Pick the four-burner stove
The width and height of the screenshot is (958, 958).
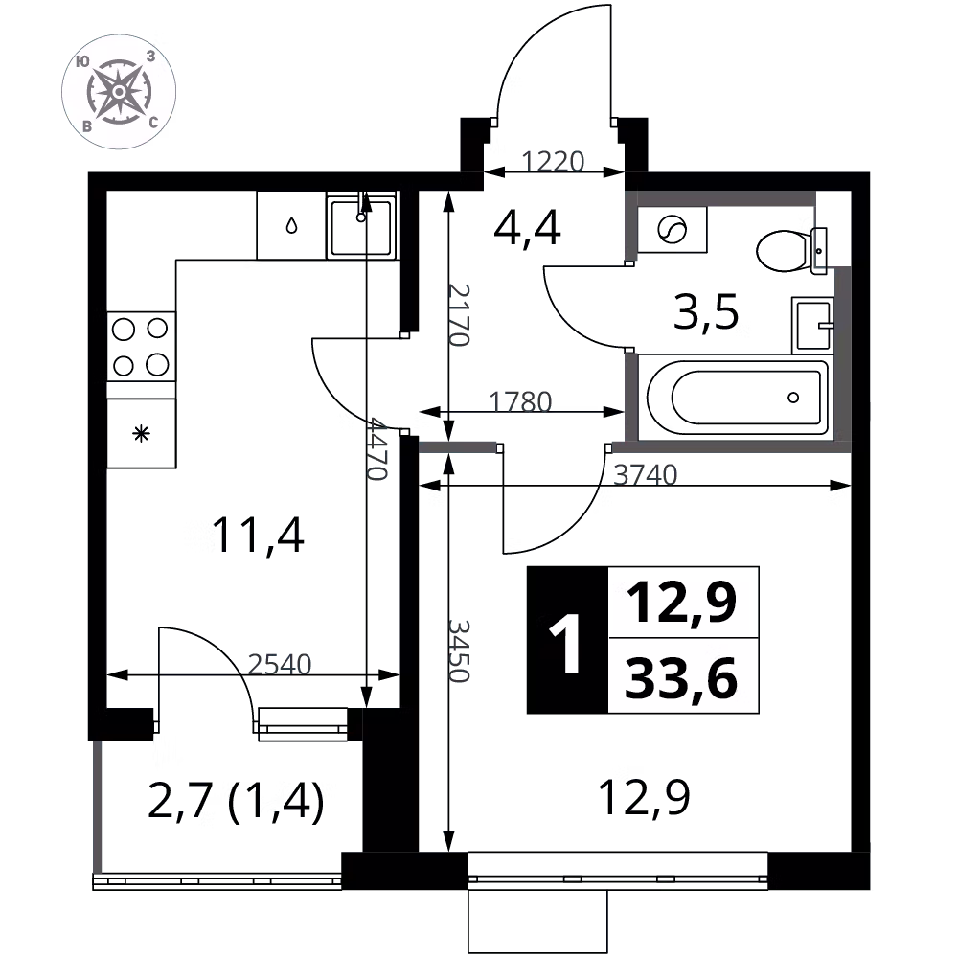[141, 346]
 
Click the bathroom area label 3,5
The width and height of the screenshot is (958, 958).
[706, 313]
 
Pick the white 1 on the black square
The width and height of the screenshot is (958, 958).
[567, 641]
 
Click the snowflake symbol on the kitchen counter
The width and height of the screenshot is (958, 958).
[141, 434]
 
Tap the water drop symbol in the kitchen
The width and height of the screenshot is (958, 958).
[290, 226]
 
